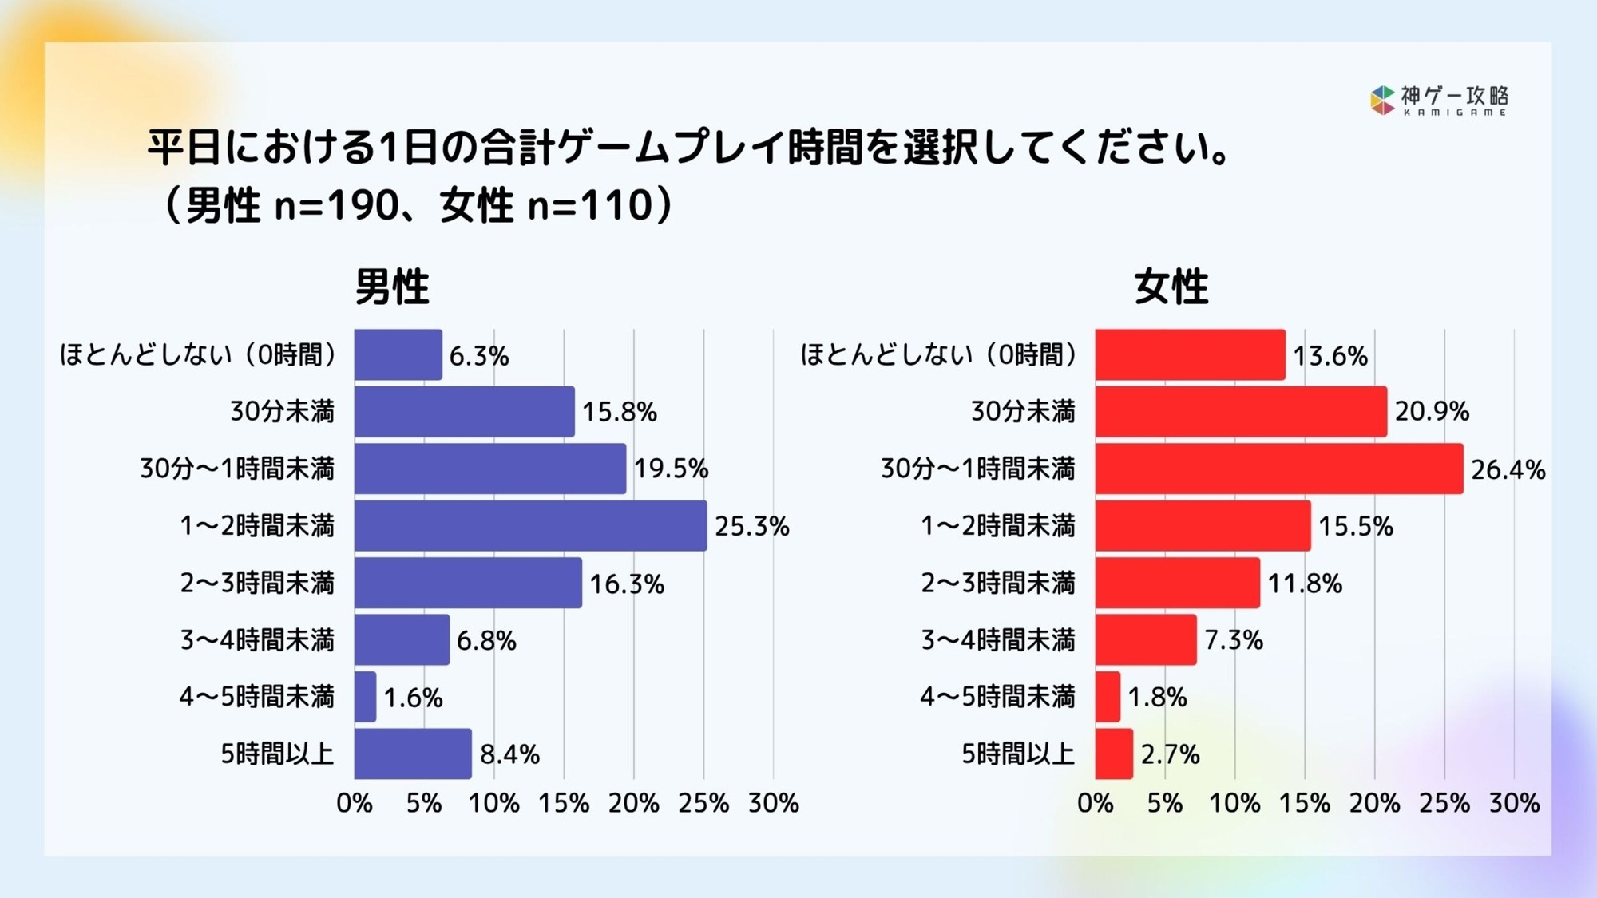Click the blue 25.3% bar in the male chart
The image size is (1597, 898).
click(x=530, y=525)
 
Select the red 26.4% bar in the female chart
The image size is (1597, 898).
click(x=1278, y=469)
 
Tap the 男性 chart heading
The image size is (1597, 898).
click(x=392, y=287)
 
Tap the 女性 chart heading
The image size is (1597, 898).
click(x=1171, y=287)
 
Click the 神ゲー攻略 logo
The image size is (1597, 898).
click(x=1439, y=101)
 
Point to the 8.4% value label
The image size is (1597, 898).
click(x=509, y=754)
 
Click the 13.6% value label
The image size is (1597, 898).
click(x=1330, y=355)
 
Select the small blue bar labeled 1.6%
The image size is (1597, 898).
click(x=365, y=697)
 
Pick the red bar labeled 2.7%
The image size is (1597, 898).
click(x=1114, y=754)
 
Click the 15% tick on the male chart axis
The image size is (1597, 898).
click(x=564, y=803)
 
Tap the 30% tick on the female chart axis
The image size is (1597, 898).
click(x=1514, y=803)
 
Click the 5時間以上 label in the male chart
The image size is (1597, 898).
click(x=277, y=754)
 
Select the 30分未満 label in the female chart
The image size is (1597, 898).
click(x=1023, y=411)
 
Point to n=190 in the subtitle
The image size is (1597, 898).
click(x=335, y=206)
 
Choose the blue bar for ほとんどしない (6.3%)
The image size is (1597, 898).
click(x=398, y=354)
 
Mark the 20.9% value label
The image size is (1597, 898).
click(x=1432, y=411)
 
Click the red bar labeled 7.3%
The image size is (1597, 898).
click(x=1146, y=639)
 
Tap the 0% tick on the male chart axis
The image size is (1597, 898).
click(x=355, y=803)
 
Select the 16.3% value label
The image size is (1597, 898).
click(x=627, y=584)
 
